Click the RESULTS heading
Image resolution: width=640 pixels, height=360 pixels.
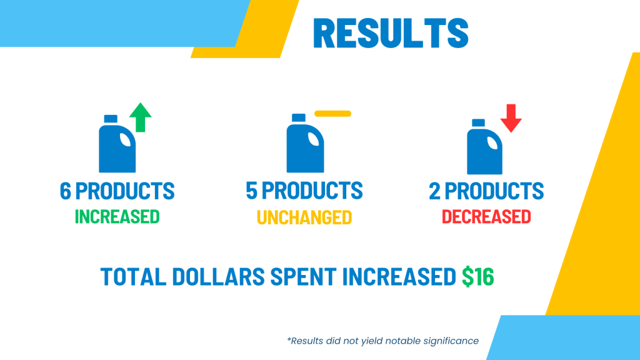tap(391, 33)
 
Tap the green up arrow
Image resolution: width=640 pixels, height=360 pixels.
tap(141, 117)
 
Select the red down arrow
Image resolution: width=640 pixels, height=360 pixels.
tap(511, 118)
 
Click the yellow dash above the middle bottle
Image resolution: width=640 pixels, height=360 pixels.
tap(332, 114)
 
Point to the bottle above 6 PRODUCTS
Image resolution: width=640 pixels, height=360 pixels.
tap(117, 144)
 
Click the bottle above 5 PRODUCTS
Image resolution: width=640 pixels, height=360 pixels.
tap(305, 143)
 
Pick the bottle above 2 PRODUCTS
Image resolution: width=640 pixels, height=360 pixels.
tap(484, 146)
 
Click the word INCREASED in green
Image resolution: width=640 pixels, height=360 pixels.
tap(117, 217)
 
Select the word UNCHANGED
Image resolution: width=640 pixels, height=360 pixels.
tap(304, 217)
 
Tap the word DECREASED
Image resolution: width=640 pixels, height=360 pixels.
tap(486, 217)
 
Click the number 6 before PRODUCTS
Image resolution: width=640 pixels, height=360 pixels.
tap(65, 191)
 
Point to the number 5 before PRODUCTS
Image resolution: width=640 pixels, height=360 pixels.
tap(251, 190)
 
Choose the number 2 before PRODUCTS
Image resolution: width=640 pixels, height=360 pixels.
tap(435, 191)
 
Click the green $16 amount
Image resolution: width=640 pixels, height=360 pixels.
tap(478, 276)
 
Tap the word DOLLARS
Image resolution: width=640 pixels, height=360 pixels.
tap(218, 276)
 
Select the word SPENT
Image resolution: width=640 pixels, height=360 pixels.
tap(303, 276)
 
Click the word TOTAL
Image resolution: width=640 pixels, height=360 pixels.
tap(134, 276)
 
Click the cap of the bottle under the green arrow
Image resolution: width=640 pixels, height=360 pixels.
tap(111, 119)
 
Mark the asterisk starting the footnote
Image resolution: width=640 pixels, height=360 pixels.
tap(289, 339)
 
